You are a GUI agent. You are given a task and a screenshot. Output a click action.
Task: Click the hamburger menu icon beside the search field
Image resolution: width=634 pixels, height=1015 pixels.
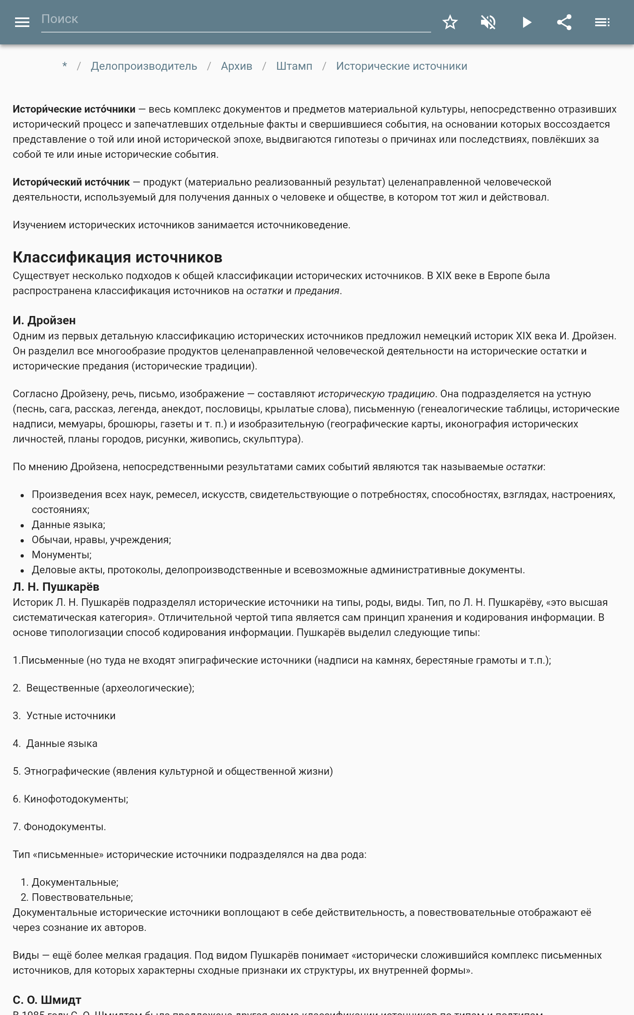(22, 22)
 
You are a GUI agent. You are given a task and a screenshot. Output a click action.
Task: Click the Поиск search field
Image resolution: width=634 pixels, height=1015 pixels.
(235, 19)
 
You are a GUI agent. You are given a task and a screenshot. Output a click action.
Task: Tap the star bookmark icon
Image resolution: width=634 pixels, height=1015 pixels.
(450, 22)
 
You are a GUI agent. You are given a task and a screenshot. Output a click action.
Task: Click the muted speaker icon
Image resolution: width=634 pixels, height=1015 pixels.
(488, 22)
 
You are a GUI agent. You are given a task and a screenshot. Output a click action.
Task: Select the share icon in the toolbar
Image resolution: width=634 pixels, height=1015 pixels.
(564, 22)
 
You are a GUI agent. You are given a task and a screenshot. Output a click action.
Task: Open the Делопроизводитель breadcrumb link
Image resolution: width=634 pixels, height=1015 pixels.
(144, 66)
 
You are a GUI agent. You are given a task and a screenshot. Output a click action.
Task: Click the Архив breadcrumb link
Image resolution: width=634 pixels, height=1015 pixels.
(237, 66)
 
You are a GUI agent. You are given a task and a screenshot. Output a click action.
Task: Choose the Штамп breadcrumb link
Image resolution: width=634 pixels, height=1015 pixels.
(294, 66)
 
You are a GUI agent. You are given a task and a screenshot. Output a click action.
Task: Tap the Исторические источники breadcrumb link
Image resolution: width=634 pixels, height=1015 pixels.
(401, 66)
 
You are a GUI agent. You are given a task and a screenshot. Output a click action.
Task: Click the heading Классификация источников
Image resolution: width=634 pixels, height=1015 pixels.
(117, 257)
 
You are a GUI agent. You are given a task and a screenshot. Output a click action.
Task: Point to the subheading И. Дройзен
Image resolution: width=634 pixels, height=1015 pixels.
(44, 320)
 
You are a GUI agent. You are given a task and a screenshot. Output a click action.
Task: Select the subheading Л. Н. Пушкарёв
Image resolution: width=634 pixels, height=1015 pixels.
(56, 587)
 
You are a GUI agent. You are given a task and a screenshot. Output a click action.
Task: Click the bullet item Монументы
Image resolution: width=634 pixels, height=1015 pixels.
(61, 555)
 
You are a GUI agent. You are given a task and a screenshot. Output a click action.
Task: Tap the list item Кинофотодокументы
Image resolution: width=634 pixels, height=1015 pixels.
(75, 799)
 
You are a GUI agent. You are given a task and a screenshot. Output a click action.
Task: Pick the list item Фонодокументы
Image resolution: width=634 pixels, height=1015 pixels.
(64, 827)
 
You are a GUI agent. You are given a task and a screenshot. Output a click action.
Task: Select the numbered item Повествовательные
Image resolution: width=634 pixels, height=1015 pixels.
(82, 897)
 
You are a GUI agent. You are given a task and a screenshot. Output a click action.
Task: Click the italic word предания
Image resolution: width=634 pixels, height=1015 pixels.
(317, 291)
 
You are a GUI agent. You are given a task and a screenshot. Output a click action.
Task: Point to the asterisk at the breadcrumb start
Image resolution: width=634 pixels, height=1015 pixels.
(65, 66)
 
